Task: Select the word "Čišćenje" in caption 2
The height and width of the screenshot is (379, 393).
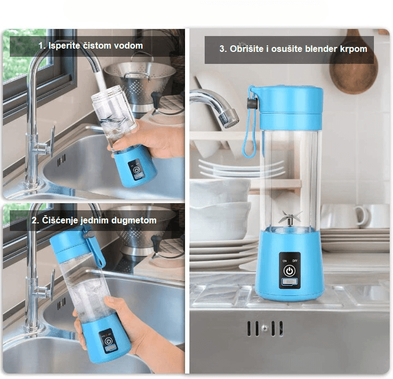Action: click(59, 221)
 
